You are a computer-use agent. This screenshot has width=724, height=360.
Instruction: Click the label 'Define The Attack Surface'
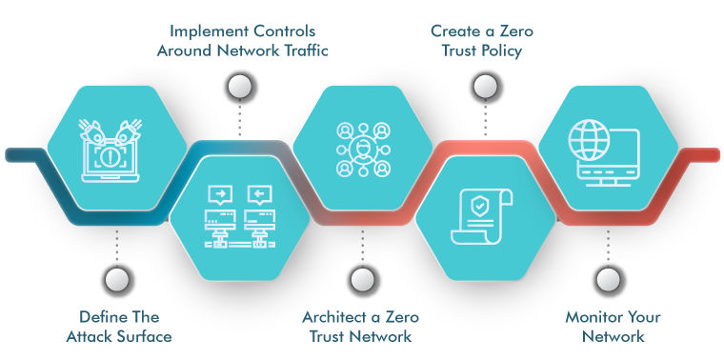118,326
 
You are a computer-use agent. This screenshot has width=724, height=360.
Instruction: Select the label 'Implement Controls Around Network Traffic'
241,41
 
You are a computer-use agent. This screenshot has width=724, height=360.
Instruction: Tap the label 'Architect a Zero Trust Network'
360,326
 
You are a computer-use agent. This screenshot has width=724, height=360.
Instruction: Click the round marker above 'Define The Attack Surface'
116,279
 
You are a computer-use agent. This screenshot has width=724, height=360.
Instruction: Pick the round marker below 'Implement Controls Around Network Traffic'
239,88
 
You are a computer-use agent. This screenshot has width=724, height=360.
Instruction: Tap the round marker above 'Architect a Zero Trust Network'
359,279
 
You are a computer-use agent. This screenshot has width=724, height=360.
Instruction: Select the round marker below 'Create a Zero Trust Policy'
485,88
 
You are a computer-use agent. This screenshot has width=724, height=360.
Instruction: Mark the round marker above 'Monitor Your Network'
607,279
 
